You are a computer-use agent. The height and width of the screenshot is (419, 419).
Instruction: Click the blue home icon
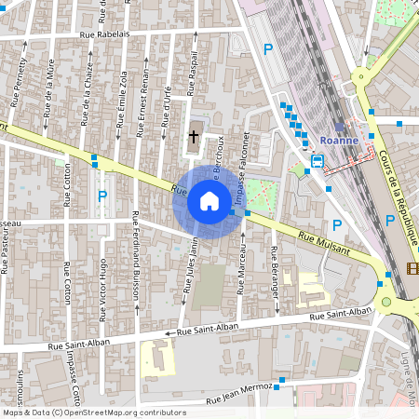(209, 200)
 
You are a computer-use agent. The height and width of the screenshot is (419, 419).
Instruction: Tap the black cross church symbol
(194, 136)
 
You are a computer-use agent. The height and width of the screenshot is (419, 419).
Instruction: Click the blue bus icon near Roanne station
(318, 161)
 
